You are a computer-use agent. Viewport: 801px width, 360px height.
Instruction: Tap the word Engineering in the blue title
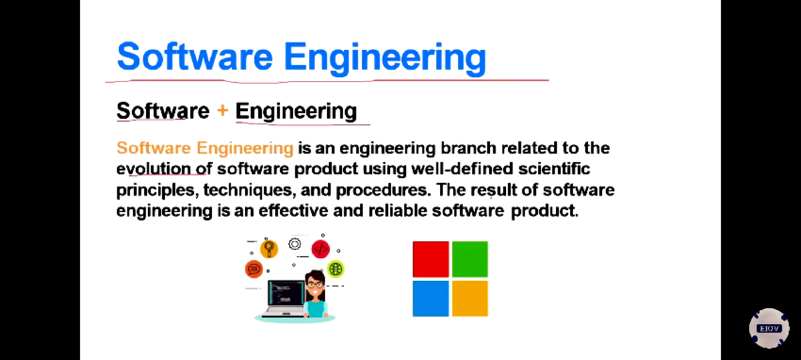click(x=384, y=57)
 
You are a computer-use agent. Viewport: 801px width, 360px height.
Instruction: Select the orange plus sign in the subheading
click(x=222, y=110)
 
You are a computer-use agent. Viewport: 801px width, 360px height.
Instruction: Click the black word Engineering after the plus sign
click(x=296, y=110)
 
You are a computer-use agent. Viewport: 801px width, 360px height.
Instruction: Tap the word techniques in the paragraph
click(x=247, y=190)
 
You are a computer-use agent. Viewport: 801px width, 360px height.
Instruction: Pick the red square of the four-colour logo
click(x=431, y=258)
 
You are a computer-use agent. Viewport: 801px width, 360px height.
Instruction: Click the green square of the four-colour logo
click(x=470, y=258)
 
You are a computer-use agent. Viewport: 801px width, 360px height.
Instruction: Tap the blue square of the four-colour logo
click(x=431, y=298)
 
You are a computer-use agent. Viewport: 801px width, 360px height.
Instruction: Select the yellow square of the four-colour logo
click(x=470, y=298)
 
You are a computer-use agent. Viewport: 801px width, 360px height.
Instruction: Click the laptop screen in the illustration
click(x=285, y=293)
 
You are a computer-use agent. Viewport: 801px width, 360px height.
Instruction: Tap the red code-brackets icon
click(x=320, y=249)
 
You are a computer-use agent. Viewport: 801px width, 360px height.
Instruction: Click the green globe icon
click(x=336, y=268)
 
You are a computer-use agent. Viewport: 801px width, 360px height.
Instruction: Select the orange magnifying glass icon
click(x=268, y=248)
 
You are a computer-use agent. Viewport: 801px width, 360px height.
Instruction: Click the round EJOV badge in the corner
click(x=768, y=328)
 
